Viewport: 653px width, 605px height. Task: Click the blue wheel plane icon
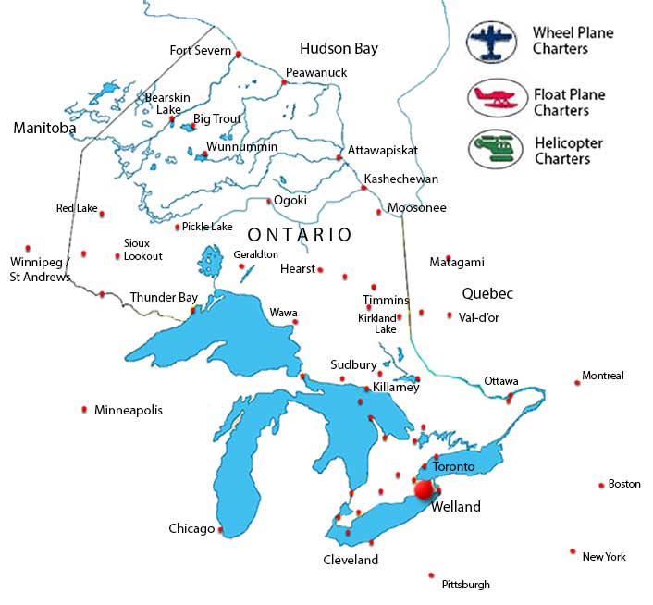pos(493,40)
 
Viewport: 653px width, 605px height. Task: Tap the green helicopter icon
pos(493,150)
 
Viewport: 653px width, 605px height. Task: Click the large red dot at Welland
pos(425,490)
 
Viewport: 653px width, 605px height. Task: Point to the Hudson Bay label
pos(339,48)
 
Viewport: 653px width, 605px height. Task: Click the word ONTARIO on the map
pos(300,235)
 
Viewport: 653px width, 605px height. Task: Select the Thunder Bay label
pos(164,297)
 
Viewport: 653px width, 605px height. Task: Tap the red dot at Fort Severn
pos(239,55)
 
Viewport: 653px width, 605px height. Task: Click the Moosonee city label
pos(416,208)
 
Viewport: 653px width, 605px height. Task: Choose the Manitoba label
pos(44,129)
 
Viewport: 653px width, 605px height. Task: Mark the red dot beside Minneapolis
pos(85,409)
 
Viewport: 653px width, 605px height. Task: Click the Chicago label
pos(191,528)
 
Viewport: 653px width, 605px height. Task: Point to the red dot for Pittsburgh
pos(431,574)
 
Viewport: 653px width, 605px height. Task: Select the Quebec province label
pos(487,293)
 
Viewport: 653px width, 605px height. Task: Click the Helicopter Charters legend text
pos(568,151)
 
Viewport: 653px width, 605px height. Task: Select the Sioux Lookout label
pos(142,249)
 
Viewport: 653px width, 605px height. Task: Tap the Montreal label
pos(602,376)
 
